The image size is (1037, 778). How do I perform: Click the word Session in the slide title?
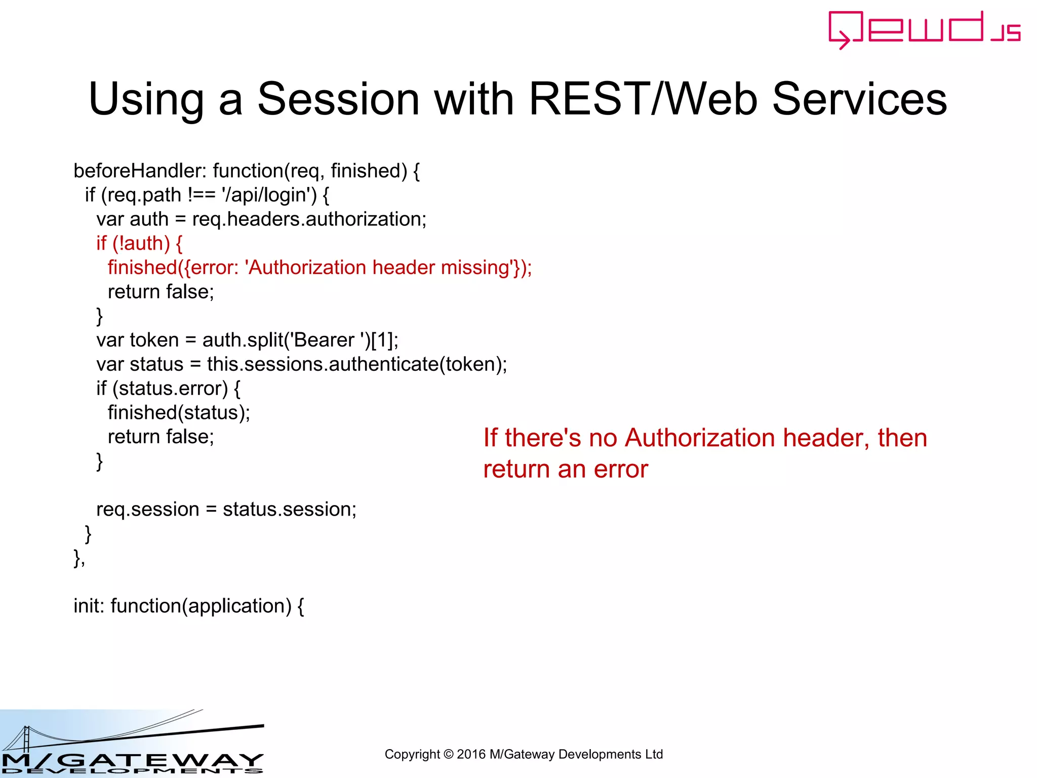point(338,99)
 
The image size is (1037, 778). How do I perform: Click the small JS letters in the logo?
point(1006,32)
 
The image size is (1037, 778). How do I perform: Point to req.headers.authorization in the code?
point(309,219)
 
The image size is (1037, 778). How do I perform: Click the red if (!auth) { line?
point(139,244)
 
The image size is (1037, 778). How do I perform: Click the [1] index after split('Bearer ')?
point(382,340)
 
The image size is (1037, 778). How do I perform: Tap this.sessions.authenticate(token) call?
point(356,364)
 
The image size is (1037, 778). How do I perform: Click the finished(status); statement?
point(179,413)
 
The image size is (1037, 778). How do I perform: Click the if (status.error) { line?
point(168,388)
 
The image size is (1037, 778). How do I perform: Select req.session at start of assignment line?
point(147,510)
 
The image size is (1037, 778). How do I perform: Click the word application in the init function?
point(236,606)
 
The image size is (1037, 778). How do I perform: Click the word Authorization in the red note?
point(700,438)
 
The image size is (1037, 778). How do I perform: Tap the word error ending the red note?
point(621,470)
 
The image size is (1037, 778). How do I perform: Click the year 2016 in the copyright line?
point(471,755)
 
